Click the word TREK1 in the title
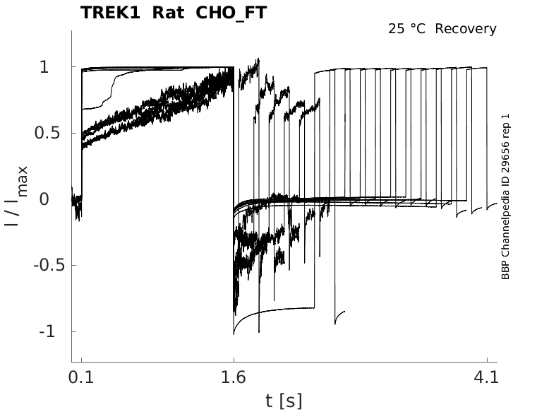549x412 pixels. (110, 13)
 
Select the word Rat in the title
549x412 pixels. (169, 13)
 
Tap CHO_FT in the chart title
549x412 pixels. (231, 13)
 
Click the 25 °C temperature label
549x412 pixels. (406, 29)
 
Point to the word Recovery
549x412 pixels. (466, 29)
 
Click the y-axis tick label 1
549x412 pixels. (44, 66)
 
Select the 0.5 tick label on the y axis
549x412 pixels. (47, 134)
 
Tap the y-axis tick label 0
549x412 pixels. (44, 199)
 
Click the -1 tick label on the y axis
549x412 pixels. (47, 331)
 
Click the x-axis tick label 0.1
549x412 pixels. (81, 377)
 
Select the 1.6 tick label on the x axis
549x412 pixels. (234, 377)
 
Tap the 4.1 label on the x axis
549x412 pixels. (486, 377)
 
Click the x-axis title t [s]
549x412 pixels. (284, 401)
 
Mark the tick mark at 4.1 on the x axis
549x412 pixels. (487, 360)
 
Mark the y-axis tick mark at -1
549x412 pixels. (74, 331)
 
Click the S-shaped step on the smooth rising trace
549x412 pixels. (112, 90)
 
